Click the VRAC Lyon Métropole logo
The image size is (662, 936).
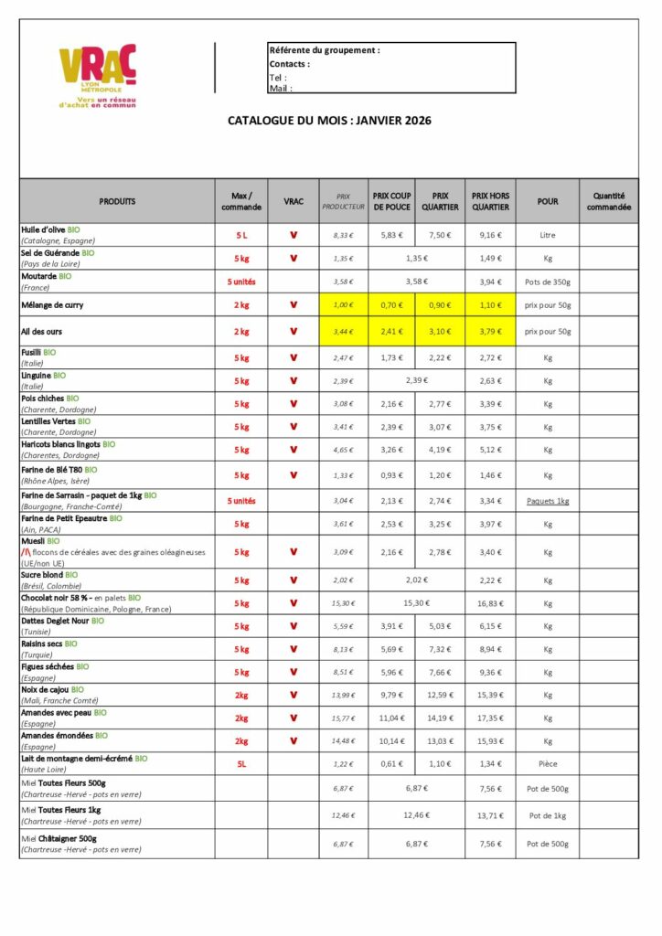point(97,77)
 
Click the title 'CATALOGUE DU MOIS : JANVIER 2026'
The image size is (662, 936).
point(329,120)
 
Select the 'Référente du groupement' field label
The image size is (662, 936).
point(324,50)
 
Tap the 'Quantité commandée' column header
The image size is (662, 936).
point(608,201)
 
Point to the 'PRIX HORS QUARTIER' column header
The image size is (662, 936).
point(490,201)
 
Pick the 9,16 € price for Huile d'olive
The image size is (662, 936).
point(490,235)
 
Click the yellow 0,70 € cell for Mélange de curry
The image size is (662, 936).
point(392,304)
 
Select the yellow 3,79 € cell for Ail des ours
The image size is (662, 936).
point(490,331)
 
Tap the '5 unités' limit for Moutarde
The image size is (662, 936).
point(241,282)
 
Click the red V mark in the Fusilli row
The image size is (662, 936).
point(294,357)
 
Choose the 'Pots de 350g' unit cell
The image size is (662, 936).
point(547,282)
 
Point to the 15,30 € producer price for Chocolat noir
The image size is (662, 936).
point(343,603)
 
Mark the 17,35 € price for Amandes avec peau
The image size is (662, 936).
point(490,718)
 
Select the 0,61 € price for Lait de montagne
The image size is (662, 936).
point(392,764)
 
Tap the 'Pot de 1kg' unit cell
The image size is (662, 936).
point(547,815)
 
